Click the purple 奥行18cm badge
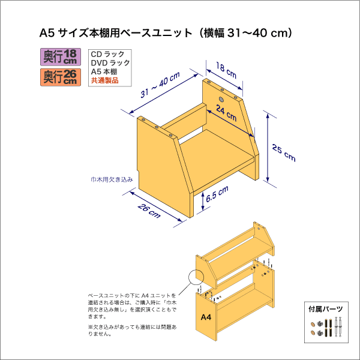(x=61, y=57)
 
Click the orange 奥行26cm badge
(x=61, y=77)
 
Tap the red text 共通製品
(x=104, y=80)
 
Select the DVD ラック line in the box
(x=110, y=63)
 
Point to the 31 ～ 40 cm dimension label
(x=160, y=85)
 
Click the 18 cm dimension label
(x=226, y=70)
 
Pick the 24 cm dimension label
(x=226, y=113)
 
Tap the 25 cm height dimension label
(x=284, y=152)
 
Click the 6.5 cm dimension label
(x=217, y=194)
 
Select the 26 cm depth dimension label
(x=149, y=211)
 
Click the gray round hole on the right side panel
(x=221, y=100)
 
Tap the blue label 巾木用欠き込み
(x=112, y=179)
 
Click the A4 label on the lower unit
(x=206, y=317)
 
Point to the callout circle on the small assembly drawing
(x=196, y=277)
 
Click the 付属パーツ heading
(x=326, y=309)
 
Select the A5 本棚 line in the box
(x=104, y=72)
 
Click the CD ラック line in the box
(x=107, y=54)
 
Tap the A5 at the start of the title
(x=47, y=33)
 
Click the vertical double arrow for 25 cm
(x=268, y=148)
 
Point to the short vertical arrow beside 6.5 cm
(x=203, y=202)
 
